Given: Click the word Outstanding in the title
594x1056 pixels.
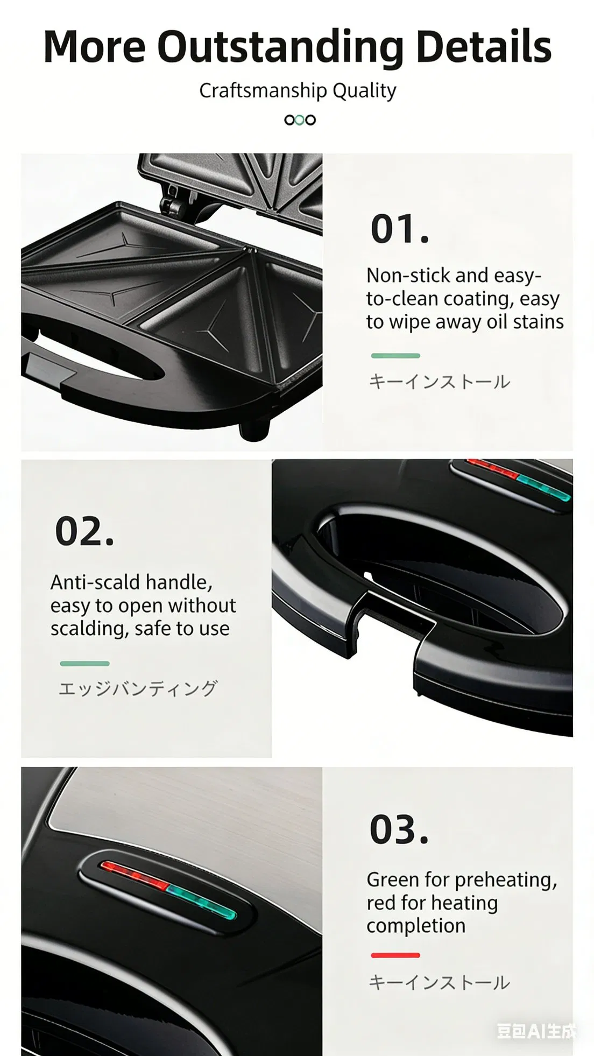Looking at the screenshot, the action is point(280,47).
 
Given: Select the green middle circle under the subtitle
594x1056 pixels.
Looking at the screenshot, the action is point(300,120).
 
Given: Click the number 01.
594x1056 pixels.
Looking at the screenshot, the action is point(400,229).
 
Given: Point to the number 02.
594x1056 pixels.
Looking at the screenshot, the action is point(84,532).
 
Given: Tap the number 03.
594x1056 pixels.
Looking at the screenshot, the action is point(399,830).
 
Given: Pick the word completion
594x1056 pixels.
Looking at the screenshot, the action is point(416,926).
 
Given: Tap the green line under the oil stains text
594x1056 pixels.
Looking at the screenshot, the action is point(395,356).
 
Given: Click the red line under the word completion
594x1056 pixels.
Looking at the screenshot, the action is point(395,955).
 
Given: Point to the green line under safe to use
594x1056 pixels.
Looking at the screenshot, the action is point(84,664).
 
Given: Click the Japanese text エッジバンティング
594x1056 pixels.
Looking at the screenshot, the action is point(138,688).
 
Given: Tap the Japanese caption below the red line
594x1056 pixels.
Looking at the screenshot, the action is point(439,983).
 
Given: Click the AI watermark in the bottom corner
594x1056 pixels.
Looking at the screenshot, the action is point(535,1031).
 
